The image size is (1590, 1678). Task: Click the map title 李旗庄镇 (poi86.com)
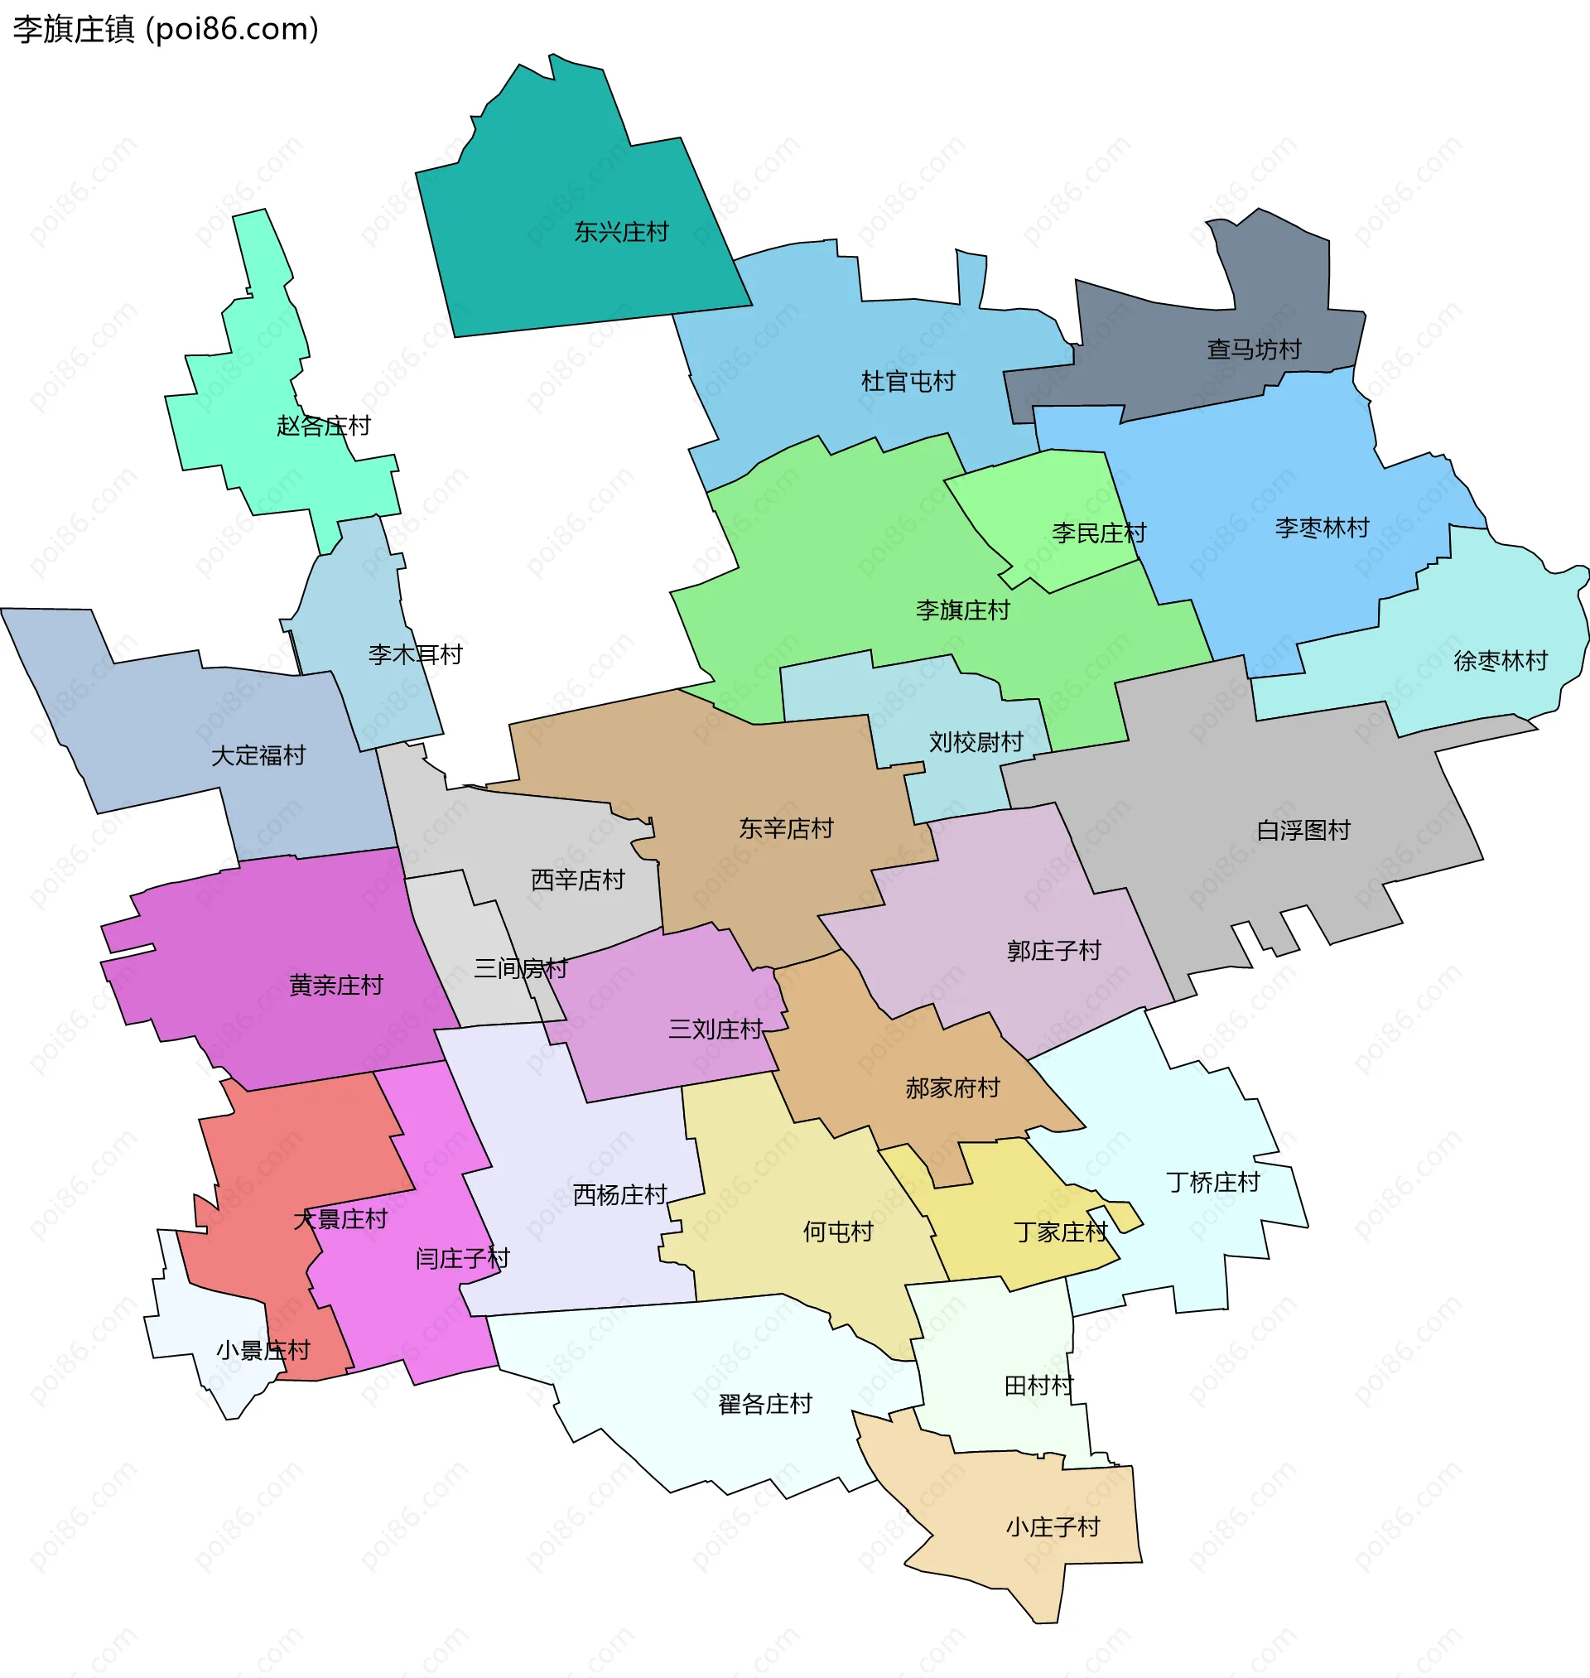click(166, 30)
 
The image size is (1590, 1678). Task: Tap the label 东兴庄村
click(621, 232)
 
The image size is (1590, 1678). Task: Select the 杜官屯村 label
click(908, 381)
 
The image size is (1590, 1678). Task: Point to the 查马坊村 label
click(1254, 350)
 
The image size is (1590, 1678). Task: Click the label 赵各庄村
click(324, 426)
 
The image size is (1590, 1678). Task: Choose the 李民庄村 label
click(1098, 533)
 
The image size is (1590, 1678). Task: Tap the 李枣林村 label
click(1322, 528)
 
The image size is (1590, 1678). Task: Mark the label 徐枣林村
click(1501, 660)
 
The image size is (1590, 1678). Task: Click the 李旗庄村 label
click(963, 610)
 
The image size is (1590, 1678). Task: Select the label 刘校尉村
click(976, 742)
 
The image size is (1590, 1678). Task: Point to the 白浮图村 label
click(1303, 831)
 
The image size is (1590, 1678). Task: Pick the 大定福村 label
click(258, 755)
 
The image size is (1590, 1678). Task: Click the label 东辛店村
click(786, 828)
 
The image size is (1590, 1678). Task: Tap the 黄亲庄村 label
click(336, 985)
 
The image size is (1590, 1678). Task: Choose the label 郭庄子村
click(1053, 951)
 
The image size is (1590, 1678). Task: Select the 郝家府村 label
click(952, 1087)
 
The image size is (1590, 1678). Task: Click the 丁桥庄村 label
click(1213, 1182)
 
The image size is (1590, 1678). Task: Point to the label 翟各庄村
click(764, 1404)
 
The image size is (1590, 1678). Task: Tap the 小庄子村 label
click(1053, 1526)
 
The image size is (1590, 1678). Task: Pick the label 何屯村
click(837, 1232)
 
